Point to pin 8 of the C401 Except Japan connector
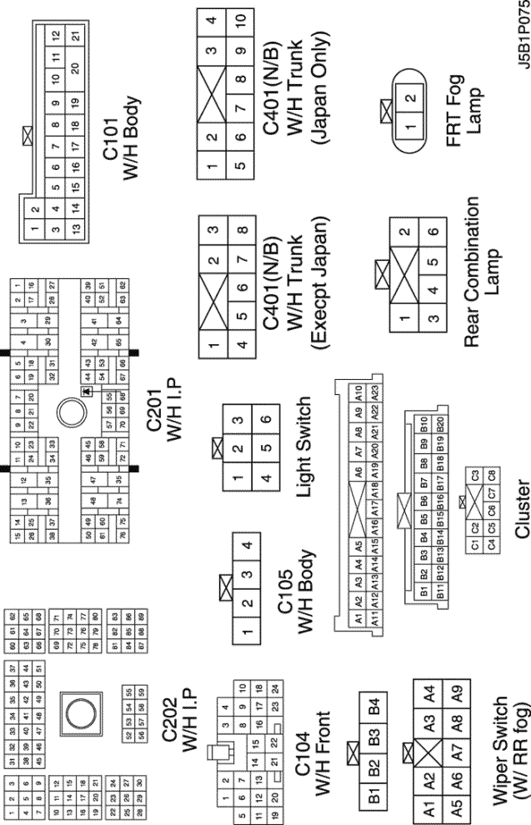click(x=241, y=228)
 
